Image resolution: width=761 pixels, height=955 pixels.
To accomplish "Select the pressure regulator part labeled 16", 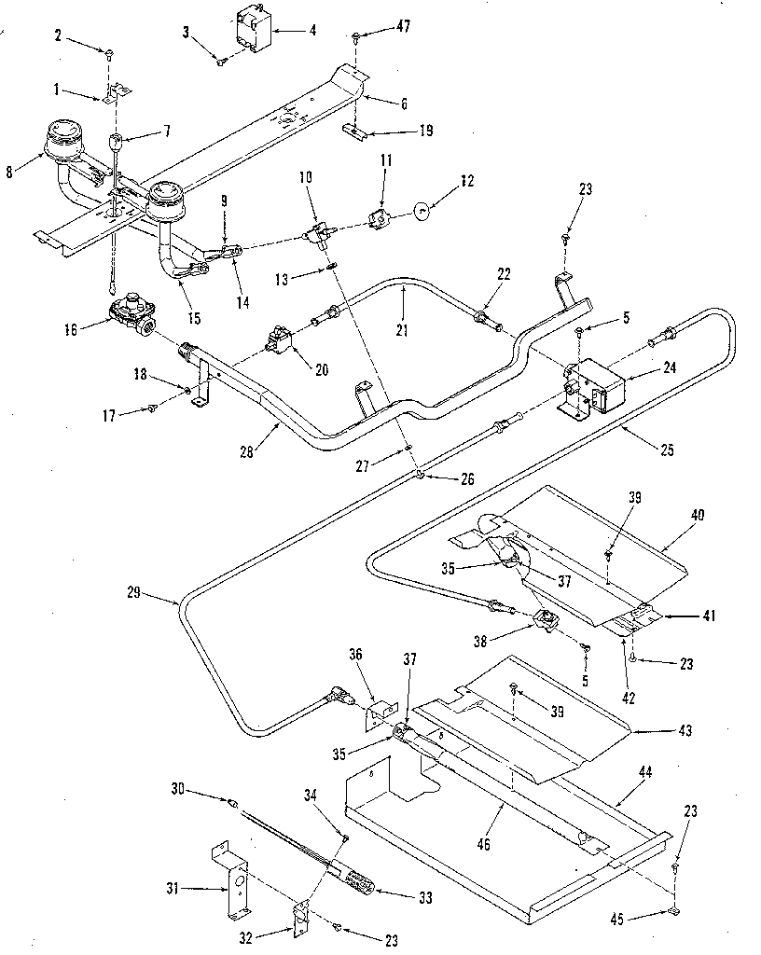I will (x=133, y=312).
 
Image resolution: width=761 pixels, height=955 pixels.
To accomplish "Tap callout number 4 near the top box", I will (x=311, y=31).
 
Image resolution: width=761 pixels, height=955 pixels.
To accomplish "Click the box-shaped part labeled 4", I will (x=252, y=28).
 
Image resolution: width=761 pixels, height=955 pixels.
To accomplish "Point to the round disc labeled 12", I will (x=422, y=212).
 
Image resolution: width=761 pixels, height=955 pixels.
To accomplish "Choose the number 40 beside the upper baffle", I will (x=698, y=514).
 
